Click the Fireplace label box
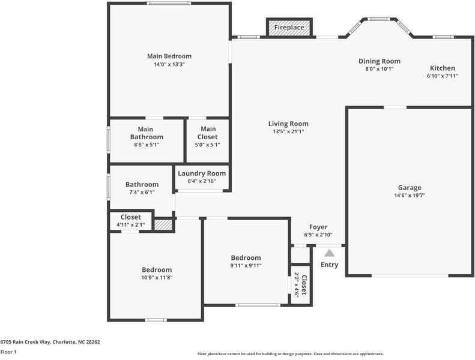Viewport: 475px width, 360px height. coord(289,28)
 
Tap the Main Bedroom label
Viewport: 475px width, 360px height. coord(169,56)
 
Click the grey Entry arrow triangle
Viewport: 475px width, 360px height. coord(330,253)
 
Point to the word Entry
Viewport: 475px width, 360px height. coord(330,265)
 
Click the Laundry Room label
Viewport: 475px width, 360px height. coord(202,173)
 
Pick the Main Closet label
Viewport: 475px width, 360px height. coord(208,129)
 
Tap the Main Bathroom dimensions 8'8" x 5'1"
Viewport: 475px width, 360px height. coord(146,145)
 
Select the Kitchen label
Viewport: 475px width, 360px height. coord(442,68)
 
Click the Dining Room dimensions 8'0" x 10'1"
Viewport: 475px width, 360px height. coord(379,69)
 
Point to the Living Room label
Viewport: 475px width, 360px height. coord(288,124)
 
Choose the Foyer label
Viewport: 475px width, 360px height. coord(318,227)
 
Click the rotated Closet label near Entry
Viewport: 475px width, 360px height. coord(304,285)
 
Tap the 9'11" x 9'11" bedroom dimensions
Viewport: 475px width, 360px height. coord(246,265)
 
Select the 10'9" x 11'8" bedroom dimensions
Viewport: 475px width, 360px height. coord(157,277)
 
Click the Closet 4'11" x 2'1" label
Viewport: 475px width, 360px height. coord(131,217)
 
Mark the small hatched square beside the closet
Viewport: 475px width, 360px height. coord(163,225)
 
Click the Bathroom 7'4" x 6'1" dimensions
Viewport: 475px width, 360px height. coord(142,192)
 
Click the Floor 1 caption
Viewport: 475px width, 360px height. coord(8,352)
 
